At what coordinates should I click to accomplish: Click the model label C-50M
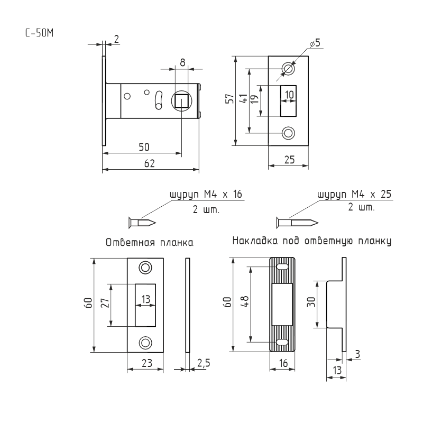(x=39, y=32)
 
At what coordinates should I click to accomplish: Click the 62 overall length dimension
(x=150, y=164)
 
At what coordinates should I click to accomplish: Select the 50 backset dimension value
(x=142, y=147)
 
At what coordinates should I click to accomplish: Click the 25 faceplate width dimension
(x=288, y=159)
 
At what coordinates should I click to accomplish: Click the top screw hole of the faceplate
(x=288, y=68)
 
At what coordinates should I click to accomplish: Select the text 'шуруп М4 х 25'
(x=354, y=194)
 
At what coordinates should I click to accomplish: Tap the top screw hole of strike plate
(x=145, y=268)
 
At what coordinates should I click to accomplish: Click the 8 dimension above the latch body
(x=182, y=62)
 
